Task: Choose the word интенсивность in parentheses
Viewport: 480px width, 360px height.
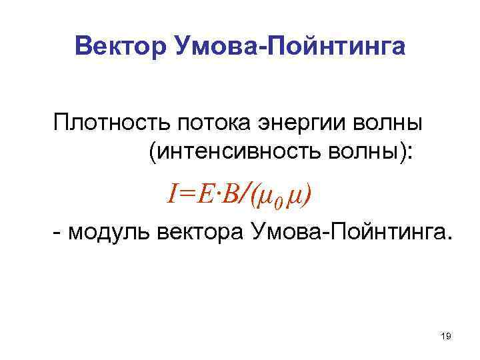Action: coord(236,153)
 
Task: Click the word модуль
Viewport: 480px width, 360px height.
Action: coord(109,233)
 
